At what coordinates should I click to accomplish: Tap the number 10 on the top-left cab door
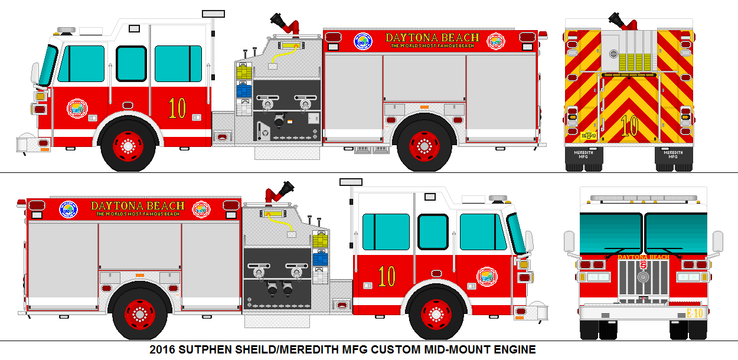pyautogui.click(x=177, y=108)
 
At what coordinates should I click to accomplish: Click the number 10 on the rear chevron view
pyautogui.click(x=629, y=126)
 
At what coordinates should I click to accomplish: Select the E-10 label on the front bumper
pyautogui.click(x=695, y=313)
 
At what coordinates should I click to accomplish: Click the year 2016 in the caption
pyautogui.click(x=161, y=349)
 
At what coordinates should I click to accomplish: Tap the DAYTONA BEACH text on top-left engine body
pyautogui.click(x=432, y=38)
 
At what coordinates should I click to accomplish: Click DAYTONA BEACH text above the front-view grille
pyautogui.click(x=644, y=257)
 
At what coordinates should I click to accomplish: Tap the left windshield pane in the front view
pyautogui.click(x=611, y=232)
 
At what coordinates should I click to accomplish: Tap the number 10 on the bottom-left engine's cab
pyautogui.click(x=387, y=276)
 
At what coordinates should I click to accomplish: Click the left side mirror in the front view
pyautogui.click(x=569, y=241)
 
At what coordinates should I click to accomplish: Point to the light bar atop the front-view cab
pyautogui.click(x=644, y=198)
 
